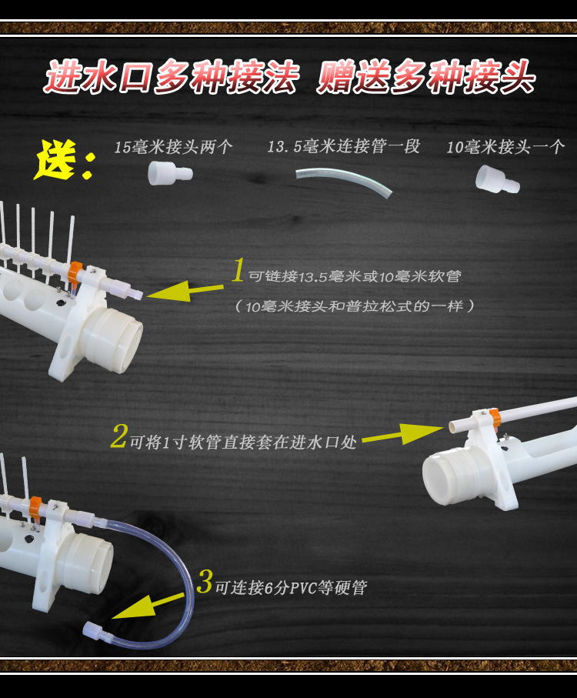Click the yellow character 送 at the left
click(x=55, y=160)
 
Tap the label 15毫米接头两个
click(x=174, y=147)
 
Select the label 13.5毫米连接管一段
click(x=343, y=146)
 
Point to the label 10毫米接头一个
click(x=505, y=147)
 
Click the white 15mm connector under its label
click(x=170, y=173)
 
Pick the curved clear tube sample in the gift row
click(x=344, y=181)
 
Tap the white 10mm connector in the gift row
click(x=497, y=180)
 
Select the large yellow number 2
click(x=119, y=436)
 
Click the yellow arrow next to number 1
click(x=185, y=291)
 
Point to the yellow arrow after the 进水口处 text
click(x=402, y=434)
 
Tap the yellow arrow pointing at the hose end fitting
click(x=148, y=606)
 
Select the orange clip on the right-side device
click(x=495, y=419)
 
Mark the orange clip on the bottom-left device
click(x=35, y=508)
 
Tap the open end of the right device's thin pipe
click(x=452, y=427)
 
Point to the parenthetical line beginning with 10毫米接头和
click(x=355, y=306)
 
